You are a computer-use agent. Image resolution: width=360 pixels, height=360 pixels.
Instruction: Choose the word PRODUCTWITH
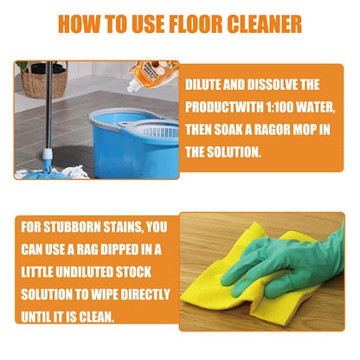click(x=228, y=108)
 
